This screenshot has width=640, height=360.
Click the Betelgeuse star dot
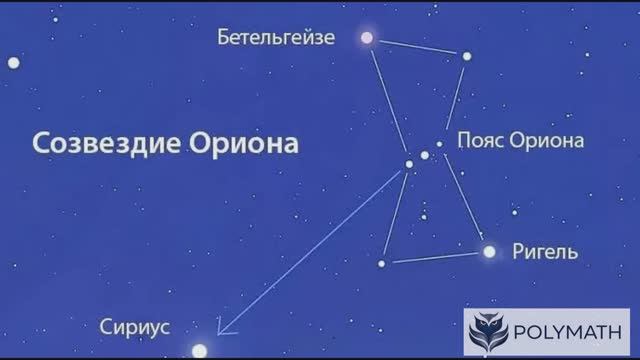(367, 38)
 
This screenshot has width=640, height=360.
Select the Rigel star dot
(489, 252)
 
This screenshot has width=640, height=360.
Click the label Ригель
(544, 251)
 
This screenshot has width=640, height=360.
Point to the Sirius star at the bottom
(200, 350)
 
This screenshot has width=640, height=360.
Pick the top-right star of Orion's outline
(466, 56)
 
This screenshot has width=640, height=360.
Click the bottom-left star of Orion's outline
(381, 263)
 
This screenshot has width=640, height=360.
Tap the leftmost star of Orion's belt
(409, 164)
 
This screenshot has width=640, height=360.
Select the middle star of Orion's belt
(425, 155)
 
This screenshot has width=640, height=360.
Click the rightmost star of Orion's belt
(439, 144)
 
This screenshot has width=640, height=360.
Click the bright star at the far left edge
(13, 62)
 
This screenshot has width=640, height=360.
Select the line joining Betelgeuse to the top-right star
(416, 47)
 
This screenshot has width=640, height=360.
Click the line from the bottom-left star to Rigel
(435, 258)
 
